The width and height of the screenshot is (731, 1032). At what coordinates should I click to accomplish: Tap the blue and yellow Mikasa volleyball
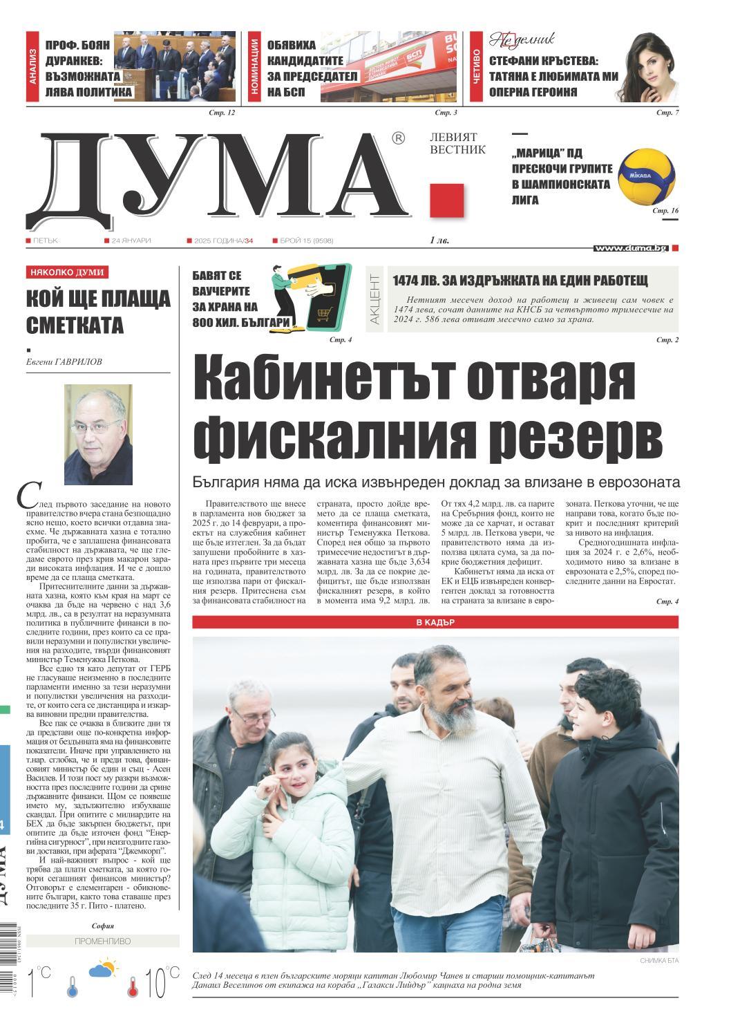(x=646, y=177)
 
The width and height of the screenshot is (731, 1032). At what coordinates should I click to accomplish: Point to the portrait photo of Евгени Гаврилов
(x=98, y=435)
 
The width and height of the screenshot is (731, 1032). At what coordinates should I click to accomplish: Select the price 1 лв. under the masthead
(x=439, y=241)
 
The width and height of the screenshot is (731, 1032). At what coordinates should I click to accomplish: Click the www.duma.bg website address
(x=630, y=248)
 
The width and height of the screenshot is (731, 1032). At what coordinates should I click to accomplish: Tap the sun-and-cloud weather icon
(x=102, y=969)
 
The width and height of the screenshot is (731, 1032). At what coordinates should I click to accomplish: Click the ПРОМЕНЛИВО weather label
(x=102, y=941)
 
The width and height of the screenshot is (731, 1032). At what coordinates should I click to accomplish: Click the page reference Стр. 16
(x=666, y=210)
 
